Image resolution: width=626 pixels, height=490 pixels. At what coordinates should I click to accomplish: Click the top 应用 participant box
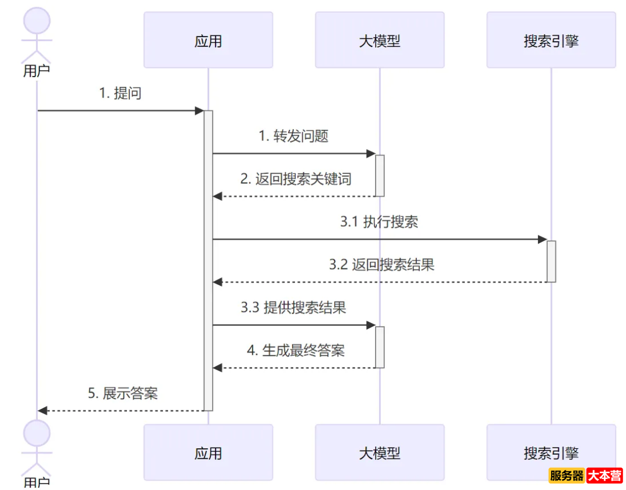pyautogui.click(x=208, y=41)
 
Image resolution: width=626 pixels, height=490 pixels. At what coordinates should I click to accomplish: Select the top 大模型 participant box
pyautogui.click(x=380, y=41)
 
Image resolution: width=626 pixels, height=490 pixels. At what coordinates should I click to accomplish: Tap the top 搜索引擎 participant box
pyautogui.click(x=551, y=41)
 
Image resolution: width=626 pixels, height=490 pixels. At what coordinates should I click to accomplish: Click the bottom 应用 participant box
pyautogui.click(x=208, y=453)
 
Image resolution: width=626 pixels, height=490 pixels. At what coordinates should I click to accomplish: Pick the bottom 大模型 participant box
pyautogui.click(x=380, y=453)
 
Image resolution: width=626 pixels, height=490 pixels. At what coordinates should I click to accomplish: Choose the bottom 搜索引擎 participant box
pyautogui.click(x=551, y=453)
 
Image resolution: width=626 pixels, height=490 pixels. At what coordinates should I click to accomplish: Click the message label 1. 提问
pyautogui.click(x=120, y=93)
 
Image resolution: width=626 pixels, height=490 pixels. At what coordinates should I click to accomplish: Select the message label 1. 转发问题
pyautogui.click(x=293, y=136)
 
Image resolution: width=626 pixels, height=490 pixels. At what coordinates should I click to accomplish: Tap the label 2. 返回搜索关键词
pyautogui.click(x=296, y=179)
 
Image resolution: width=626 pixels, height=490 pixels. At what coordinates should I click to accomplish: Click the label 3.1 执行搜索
pyautogui.click(x=379, y=222)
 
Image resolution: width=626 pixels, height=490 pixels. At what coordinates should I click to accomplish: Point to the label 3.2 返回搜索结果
pyautogui.click(x=381, y=265)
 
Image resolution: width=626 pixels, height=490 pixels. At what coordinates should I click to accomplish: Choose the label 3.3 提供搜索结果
pyautogui.click(x=293, y=308)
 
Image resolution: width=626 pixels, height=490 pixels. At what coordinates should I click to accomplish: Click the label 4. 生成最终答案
pyautogui.click(x=296, y=351)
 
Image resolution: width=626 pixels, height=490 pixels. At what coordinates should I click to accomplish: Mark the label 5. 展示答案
pyautogui.click(x=123, y=394)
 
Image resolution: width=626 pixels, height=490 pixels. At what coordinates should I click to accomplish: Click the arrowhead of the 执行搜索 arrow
pyautogui.click(x=543, y=239)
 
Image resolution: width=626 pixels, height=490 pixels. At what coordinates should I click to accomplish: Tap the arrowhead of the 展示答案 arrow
pyautogui.click(x=42, y=411)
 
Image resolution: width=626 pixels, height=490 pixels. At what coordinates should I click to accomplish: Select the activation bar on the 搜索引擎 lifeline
pyautogui.click(x=551, y=261)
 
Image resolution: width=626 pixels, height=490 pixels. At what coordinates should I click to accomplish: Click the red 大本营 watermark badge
pyautogui.click(x=605, y=476)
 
